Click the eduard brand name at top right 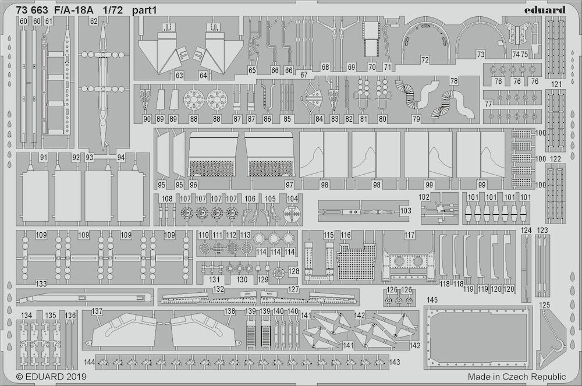click(x=545, y=10)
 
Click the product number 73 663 click(x=32, y=10)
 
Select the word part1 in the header click(x=144, y=10)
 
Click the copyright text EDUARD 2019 click(x=51, y=376)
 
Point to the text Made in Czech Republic click(x=517, y=377)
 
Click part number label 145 click(x=432, y=299)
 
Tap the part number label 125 click(x=544, y=305)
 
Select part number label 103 click(x=406, y=211)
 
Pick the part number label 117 click(x=409, y=235)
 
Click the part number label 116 click(x=346, y=235)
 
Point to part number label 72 click(x=425, y=59)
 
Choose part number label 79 click(x=417, y=119)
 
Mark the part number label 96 click(x=193, y=185)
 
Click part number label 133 click(x=41, y=284)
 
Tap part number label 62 click(x=94, y=22)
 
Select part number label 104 click(x=293, y=199)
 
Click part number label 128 click(x=293, y=271)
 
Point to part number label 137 click(x=97, y=311)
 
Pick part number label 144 click(x=90, y=362)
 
